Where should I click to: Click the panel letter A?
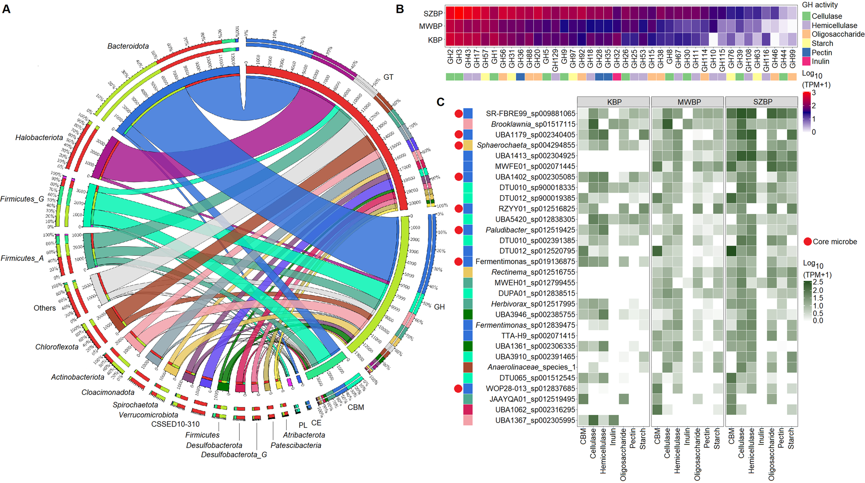coord(6,8)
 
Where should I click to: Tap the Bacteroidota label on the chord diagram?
coord(128,46)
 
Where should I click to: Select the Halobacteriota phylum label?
coord(39,138)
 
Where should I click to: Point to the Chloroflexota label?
coord(57,347)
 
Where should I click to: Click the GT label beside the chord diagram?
coord(388,77)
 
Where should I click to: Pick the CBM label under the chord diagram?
coord(356,407)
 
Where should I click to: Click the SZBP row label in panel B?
coord(433,13)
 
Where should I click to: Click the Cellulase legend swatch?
coord(806,16)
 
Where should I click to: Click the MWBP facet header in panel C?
coord(689,102)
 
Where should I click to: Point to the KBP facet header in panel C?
coord(614,102)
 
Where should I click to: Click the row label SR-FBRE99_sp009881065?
coord(530,114)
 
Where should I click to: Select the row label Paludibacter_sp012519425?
coord(530,230)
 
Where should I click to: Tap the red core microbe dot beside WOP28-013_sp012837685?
coord(458,388)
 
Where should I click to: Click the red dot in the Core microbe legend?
coord(807,242)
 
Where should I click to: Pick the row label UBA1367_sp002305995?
coord(535,420)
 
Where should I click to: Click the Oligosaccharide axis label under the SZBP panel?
coord(771,454)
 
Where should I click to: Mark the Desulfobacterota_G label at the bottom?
coord(234,454)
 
